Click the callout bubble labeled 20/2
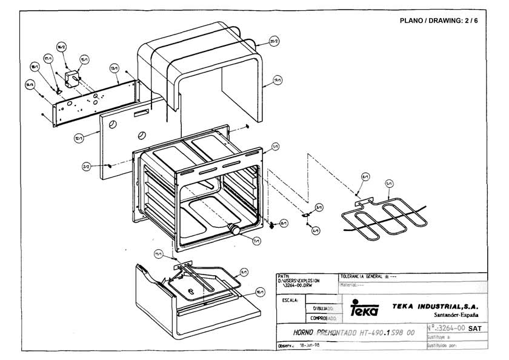click(274, 42)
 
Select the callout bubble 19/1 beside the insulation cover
click(278, 81)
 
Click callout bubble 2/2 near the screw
click(87, 166)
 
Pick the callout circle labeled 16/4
click(29, 85)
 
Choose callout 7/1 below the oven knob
click(256, 241)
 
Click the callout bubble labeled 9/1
click(244, 272)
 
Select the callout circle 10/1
click(259, 292)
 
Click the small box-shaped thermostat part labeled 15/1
click(73, 77)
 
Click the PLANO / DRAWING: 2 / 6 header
click(439, 21)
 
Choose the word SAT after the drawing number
click(476, 328)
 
